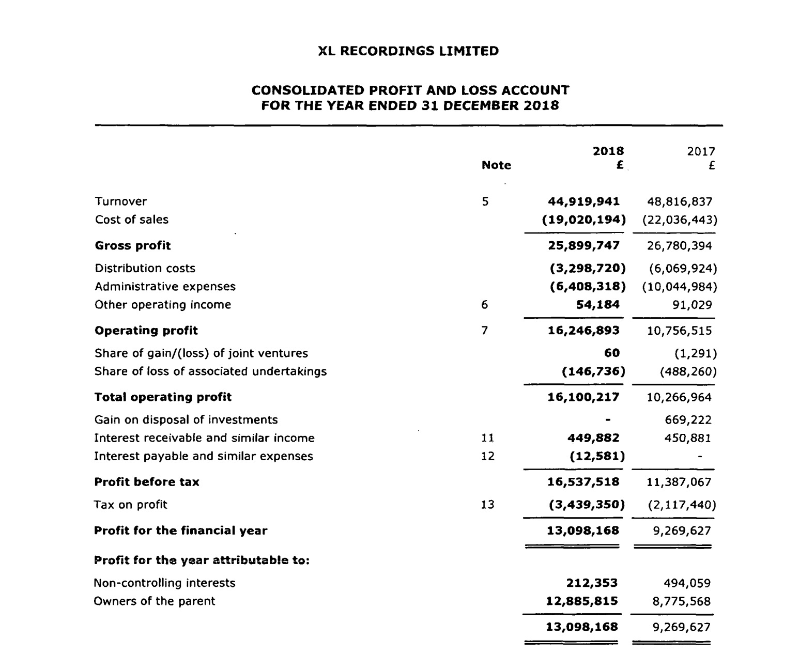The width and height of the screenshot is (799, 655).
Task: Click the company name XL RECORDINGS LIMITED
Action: (x=408, y=51)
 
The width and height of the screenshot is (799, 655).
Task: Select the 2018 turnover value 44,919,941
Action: (x=583, y=201)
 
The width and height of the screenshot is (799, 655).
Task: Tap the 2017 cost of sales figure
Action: (x=680, y=220)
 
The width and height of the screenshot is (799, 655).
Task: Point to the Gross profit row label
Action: (x=133, y=246)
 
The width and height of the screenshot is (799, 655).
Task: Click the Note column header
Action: (x=496, y=165)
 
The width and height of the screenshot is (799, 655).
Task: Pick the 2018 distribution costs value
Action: (x=587, y=269)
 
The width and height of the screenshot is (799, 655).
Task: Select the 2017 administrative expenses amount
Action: (x=680, y=287)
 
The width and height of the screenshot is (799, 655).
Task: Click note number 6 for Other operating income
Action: (x=484, y=305)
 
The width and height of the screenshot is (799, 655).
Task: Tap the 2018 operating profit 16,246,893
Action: (x=583, y=331)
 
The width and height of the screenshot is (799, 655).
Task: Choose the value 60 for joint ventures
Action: (x=612, y=353)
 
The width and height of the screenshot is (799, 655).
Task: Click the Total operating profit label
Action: (x=163, y=397)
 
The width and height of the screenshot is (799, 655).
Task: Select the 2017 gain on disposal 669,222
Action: (x=688, y=420)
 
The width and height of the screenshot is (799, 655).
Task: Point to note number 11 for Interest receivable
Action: (x=487, y=438)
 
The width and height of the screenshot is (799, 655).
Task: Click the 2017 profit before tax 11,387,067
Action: (x=679, y=482)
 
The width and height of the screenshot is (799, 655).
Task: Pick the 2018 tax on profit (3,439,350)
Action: (x=587, y=505)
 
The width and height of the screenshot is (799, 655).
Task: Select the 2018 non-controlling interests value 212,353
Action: (x=592, y=583)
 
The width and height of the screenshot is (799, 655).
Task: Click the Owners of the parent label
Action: (x=154, y=601)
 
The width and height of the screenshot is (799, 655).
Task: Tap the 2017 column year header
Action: (x=701, y=151)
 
